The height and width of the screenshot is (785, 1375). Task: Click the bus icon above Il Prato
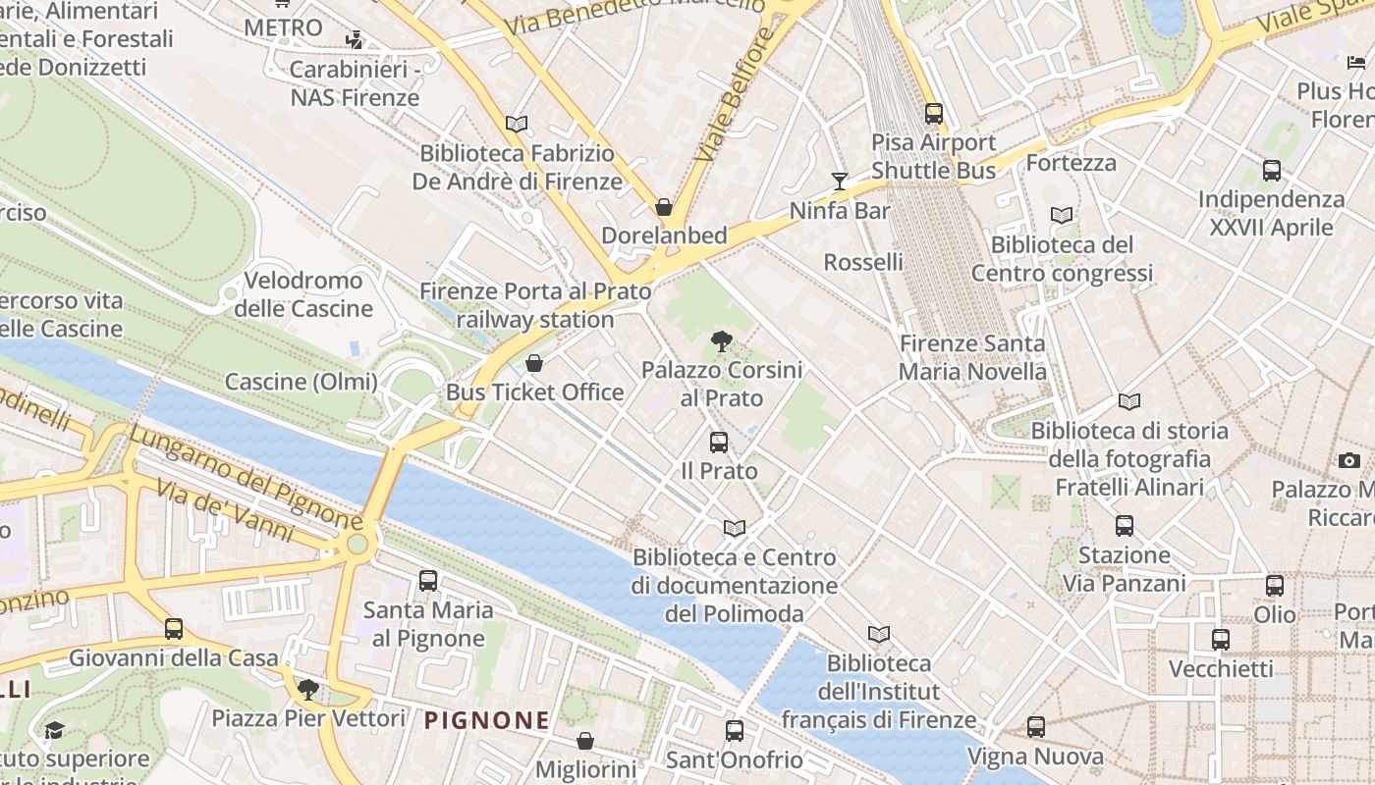pos(719,443)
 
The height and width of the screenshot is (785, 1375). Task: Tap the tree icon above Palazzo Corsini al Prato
pos(722,341)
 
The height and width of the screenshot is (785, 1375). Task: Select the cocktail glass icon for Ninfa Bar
pos(840,181)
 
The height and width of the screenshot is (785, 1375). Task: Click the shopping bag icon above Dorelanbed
pos(664,207)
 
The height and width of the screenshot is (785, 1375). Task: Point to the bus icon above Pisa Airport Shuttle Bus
pos(933,114)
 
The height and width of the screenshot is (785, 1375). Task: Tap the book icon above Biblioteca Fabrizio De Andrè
pos(517,124)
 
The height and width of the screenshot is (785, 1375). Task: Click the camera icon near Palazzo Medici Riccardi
pos(1348,460)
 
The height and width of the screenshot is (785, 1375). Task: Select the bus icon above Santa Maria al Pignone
pos(427,580)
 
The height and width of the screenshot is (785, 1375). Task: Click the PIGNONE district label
pos(486,720)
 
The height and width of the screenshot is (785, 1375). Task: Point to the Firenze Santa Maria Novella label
pos(972,358)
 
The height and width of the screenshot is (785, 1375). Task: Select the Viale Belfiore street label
pos(728,108)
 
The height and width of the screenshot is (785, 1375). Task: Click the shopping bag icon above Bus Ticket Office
pos(534,363)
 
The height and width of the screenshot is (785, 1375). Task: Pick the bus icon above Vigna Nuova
pos(1036,727)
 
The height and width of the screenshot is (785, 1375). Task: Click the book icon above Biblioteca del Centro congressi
pos(1062,215)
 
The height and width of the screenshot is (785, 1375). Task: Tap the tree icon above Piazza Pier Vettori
pos(308,689)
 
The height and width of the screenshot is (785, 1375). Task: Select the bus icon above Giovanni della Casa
pos(174,628)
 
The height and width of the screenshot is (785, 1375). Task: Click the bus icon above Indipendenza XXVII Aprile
pos(1272,171)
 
